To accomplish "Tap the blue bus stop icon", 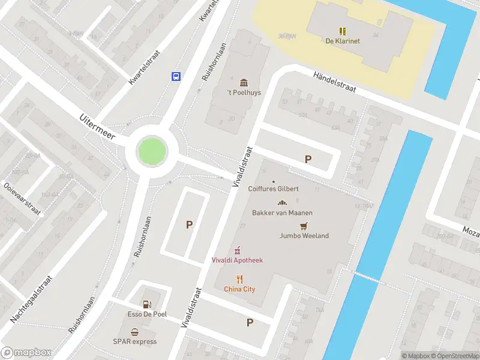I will pyautogui.click(x=176, y=76).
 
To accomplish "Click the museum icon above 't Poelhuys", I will pyautogui.click(x=244, y=82).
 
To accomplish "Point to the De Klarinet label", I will pyautogui.click(x=342, y=41).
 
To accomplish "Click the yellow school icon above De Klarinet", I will pyautogui.click(x=342, y=31).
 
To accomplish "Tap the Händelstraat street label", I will pyautogui.click(x=335, y=81).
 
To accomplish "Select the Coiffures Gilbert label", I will pyautogui.click(x=274, y=188).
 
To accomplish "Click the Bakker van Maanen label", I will pyautogui.click(x=282, y=212).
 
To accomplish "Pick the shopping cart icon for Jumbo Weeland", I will pyautogui.click(x=304, y=226).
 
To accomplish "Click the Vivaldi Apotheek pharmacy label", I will pyautogui.click(x=237, y=260).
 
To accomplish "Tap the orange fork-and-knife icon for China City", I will pyautogui.click(x=239, y=279).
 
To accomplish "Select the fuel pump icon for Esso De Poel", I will pyautogui.click(x=147, y=305).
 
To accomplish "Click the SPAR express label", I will pyautogui.click(x=135, y=341).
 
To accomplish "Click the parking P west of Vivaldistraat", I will pyautogui.click(x=189, y=225).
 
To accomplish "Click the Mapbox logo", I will pyautogui.click(x=26, y=353).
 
